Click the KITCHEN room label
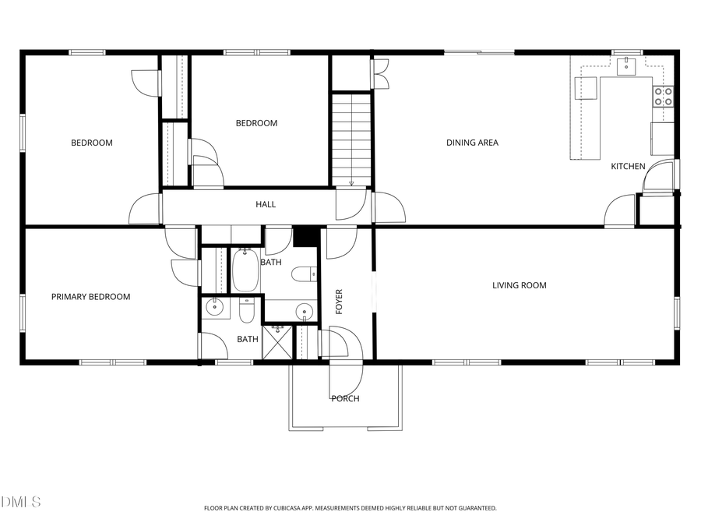(x=627, y=166)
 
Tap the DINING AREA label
(x=472, y=143)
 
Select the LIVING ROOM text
(x=519, y=285)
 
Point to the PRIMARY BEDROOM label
(x=90, y=297)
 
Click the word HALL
(x=266, y=205)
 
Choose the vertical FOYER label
(x=339, y=302)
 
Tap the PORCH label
(x=345, y=399)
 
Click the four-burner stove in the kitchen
(x=663, y=96)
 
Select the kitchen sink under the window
(x=627, y=66)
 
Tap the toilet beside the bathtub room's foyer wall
(x=304, y=274)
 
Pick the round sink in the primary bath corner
(x=214, y=309)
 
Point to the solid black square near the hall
(x=306, y=235)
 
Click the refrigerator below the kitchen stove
(x=662, y=139)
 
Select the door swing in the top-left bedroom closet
(x=146, y=83)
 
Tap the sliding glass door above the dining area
(x=479, y=52)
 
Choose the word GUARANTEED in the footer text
(x=475, y=508)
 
